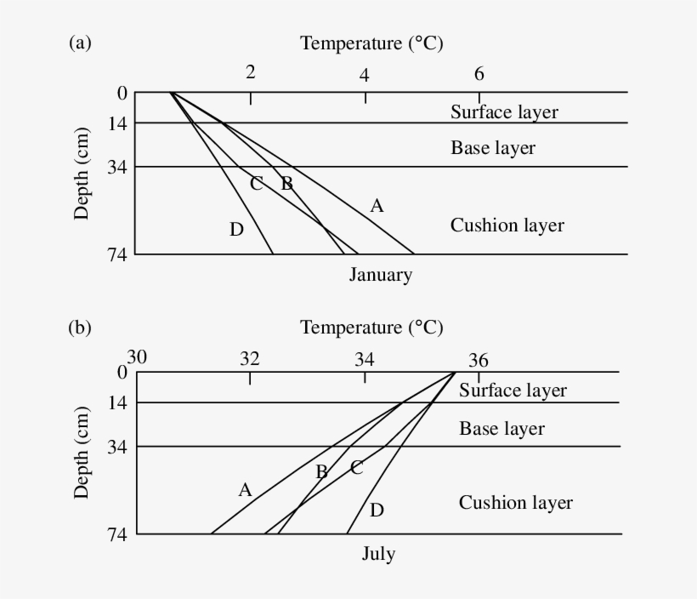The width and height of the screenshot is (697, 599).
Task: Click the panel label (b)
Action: click(x=79, y=328)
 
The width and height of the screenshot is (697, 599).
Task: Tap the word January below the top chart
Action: click(x=380, y=275)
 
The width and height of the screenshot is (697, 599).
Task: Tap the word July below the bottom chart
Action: click(x=378, y=554)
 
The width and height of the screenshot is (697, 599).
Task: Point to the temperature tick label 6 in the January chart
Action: click(x=479, y=73)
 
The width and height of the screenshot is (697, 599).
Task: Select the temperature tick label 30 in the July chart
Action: click(x=137, y=357)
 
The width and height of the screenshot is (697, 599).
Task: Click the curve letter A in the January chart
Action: click(x=377, y=205)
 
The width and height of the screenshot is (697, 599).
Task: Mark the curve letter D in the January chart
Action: click(x=236, y=229)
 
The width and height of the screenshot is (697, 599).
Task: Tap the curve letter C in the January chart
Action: click(x=256, y=184)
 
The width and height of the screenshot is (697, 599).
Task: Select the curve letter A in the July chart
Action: click(x=245, y=490)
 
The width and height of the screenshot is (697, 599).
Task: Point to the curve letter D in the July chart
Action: click(x=377, y=510)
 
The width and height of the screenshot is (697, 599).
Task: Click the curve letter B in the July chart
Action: click(x=321, y=471)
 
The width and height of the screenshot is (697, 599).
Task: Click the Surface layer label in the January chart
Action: click(x=504, y=111)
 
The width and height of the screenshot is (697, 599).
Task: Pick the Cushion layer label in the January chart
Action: click(x=507, y=225)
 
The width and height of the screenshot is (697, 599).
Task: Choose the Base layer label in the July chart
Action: click(x=501, y=428)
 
